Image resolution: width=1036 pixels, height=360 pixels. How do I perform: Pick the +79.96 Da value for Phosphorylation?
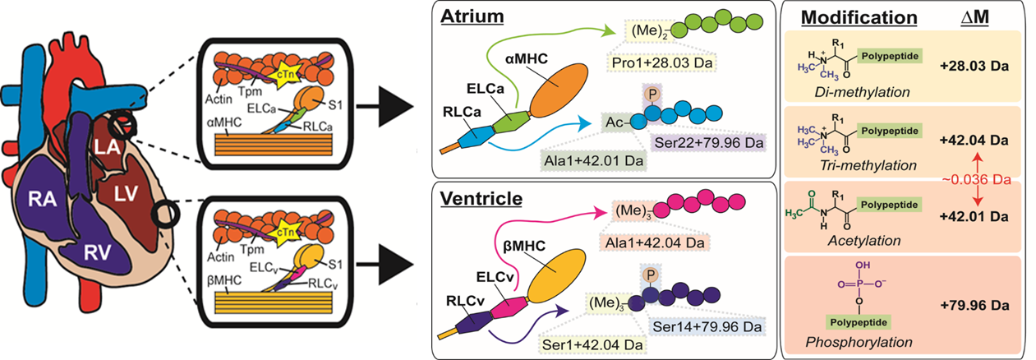pos(974,305)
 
